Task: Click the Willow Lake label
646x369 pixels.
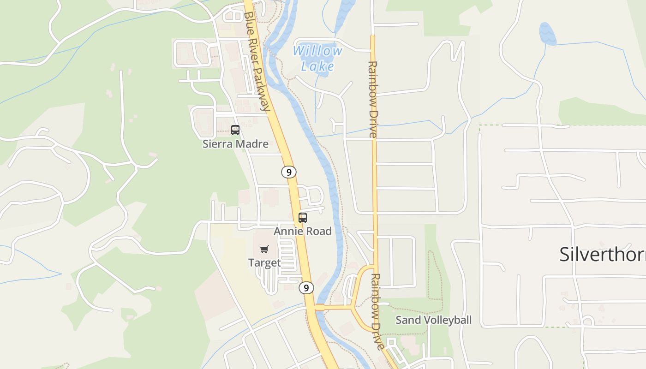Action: coord(318,58)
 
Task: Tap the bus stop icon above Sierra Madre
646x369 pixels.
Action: coord(235,130)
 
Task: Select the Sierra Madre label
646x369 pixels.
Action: coord(235,144)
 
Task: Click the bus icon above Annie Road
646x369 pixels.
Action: coord(303,218)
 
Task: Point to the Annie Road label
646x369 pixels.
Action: coord(303,231)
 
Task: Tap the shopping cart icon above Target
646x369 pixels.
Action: coord(264,250)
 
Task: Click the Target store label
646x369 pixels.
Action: coord(264,263)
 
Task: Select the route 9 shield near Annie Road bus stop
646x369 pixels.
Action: coord(289,173)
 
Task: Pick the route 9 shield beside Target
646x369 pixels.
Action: coord(306,288)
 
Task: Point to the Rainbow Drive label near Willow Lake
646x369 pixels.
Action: coord(373,99)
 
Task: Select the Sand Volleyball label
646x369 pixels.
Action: coord(433,320)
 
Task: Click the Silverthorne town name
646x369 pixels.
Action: coord(602,254)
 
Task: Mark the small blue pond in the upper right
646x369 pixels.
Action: coord(548,33)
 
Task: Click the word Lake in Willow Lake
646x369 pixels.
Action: coord(317,66)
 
